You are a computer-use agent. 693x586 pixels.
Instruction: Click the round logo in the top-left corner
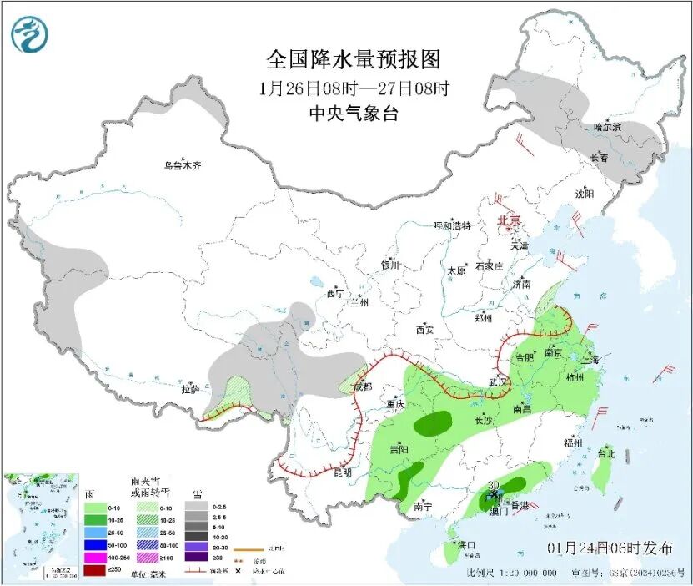30,34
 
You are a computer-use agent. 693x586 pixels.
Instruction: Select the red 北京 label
509,220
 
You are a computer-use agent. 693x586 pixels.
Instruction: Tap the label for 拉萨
190,388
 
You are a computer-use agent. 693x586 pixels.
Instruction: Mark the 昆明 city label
343,472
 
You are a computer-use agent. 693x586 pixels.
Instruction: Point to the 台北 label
606,454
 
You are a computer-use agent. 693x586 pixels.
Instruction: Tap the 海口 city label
466,545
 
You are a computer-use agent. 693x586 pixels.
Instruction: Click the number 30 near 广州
493,486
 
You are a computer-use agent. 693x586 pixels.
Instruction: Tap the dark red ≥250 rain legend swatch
94,570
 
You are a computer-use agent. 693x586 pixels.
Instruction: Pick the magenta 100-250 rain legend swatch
94,558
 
